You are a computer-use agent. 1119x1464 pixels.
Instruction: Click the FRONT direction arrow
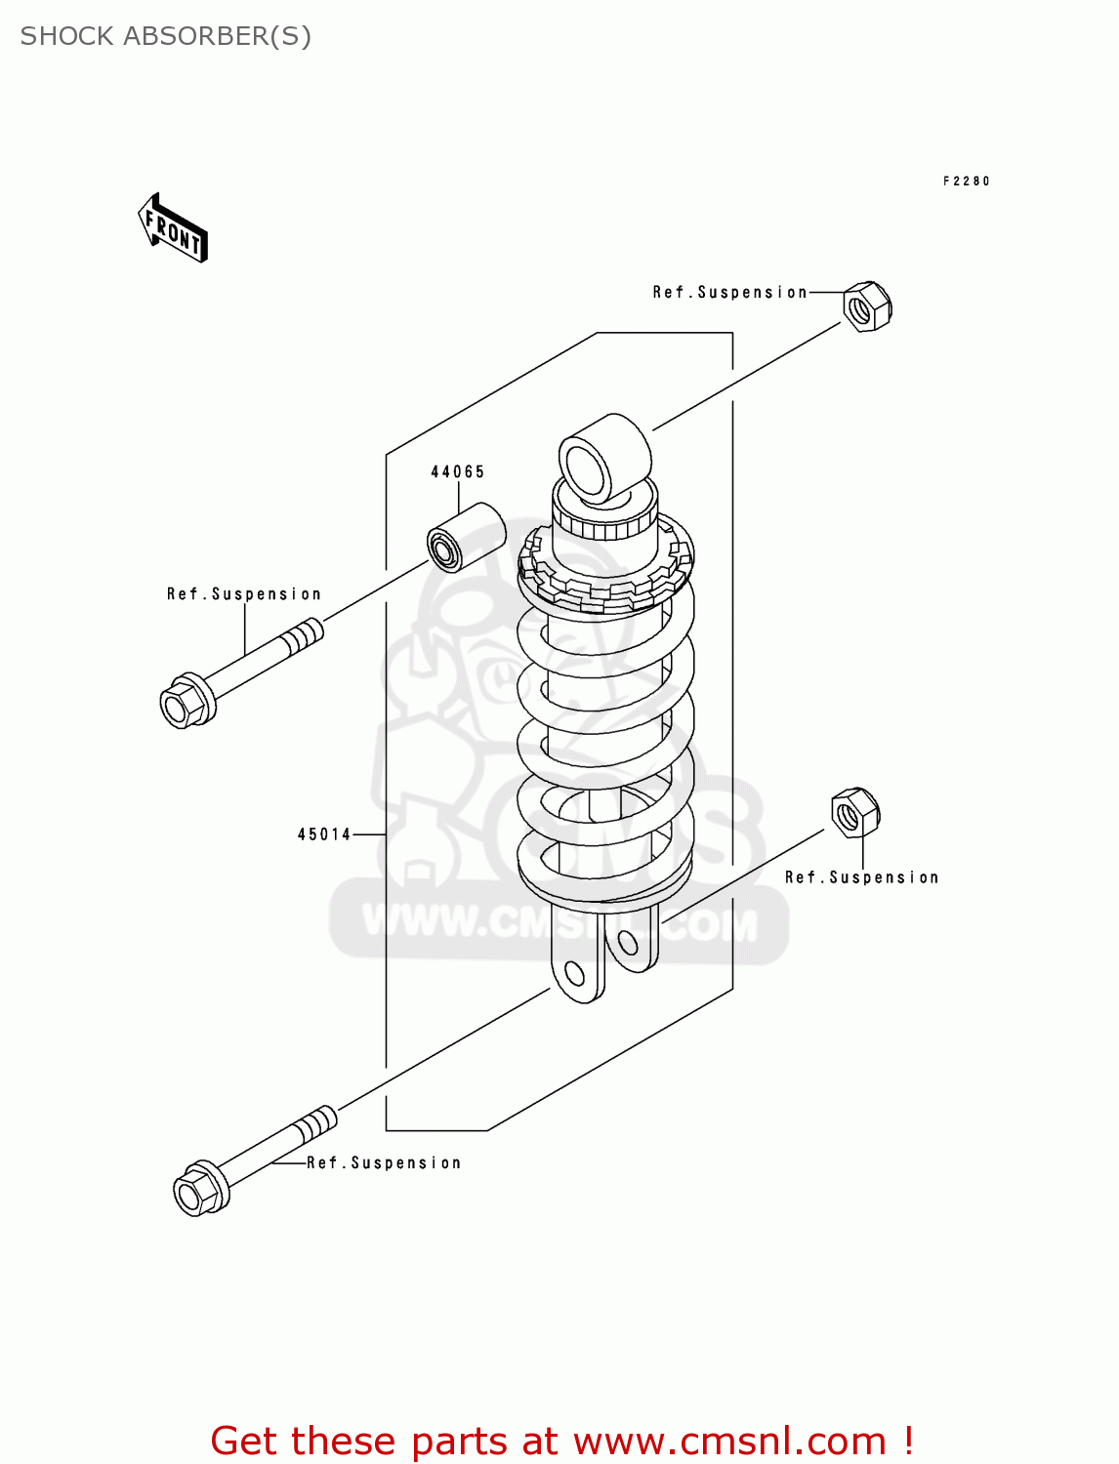pyautogui.click(x=173, y=228)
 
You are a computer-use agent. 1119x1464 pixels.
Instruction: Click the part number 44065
pyautogui.click(x=458, y=471)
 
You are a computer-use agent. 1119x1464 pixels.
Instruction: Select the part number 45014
pyautogui.click(x=324, y=834)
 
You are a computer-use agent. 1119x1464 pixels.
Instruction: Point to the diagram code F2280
pyautogui.click(x=966, y=181)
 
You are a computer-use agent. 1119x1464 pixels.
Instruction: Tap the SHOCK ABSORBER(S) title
pyautogui.click(x=166, y=36)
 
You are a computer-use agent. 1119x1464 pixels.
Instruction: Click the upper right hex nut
pyautogui.click(x=866, y=306)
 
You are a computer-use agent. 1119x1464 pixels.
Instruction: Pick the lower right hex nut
pyautogui.click(x=854, y=812)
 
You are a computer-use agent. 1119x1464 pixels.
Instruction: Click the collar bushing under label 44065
pyautogui.click(x=466, y=538)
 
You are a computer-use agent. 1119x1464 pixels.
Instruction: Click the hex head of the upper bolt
pyautogui.click(x=186, y=701)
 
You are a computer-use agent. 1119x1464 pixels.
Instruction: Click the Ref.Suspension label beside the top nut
pyautogui.click(x=729, y=292)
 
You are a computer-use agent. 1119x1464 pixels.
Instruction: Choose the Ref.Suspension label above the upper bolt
pyautogui.click(x=243, y=593)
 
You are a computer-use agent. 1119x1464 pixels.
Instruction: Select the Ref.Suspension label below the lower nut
pyautogui.click(x=861, y=877)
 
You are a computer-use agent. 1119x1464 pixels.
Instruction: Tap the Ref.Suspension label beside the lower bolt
pyautogui.click(x=384, y=1162)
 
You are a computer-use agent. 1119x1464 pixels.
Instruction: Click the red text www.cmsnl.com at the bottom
pyautogui.click(x=728, y=1441)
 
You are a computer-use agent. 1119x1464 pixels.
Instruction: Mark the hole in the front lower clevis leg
pyautogui.click(x=575, y=973)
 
